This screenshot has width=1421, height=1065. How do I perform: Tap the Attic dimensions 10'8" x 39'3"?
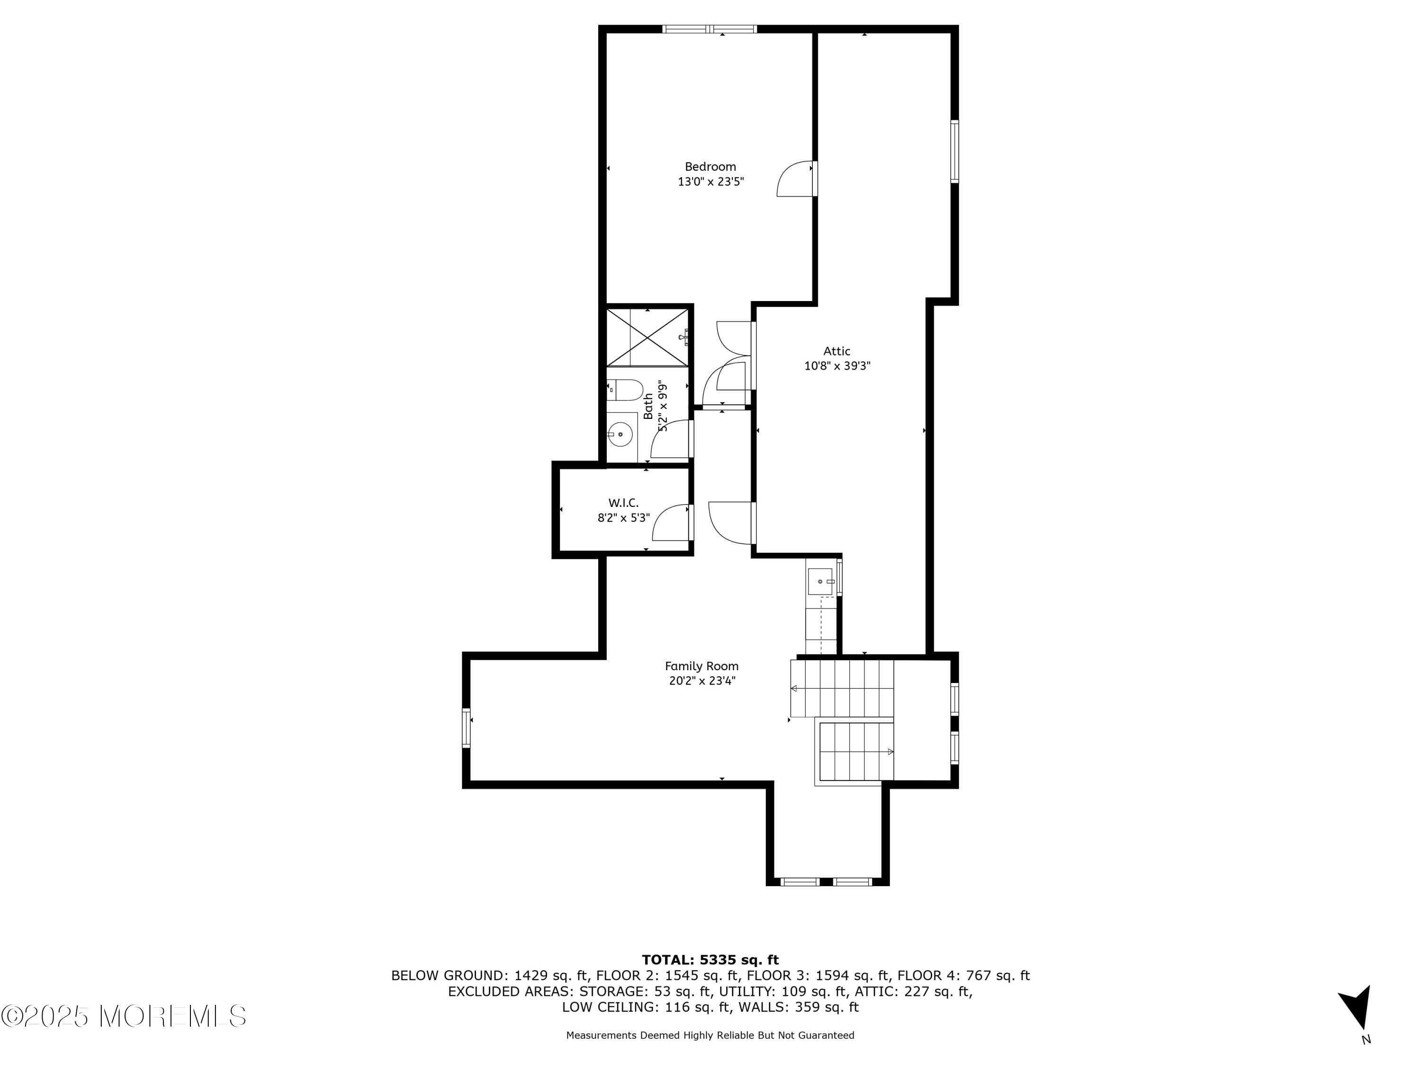(x=837, y=366)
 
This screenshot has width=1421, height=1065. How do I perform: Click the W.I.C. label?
(x=623, y=503)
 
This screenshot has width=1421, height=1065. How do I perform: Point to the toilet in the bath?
(x=626, y=390)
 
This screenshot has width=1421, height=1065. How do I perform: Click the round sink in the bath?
(x=621, y=435)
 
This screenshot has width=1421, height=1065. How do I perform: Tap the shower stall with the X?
(x=648, y=337)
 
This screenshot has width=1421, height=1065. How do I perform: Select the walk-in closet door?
(x=671, y=523)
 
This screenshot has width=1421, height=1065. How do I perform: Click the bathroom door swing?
(x=671, y=439)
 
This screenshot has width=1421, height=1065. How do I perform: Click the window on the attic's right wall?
(x=954, y=151)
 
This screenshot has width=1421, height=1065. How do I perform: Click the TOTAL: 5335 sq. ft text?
(x=710, y=960)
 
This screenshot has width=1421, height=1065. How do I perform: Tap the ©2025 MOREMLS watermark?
(x=123, y=1016)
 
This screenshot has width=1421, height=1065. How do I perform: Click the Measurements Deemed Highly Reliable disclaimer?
(x=710, y=1035)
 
